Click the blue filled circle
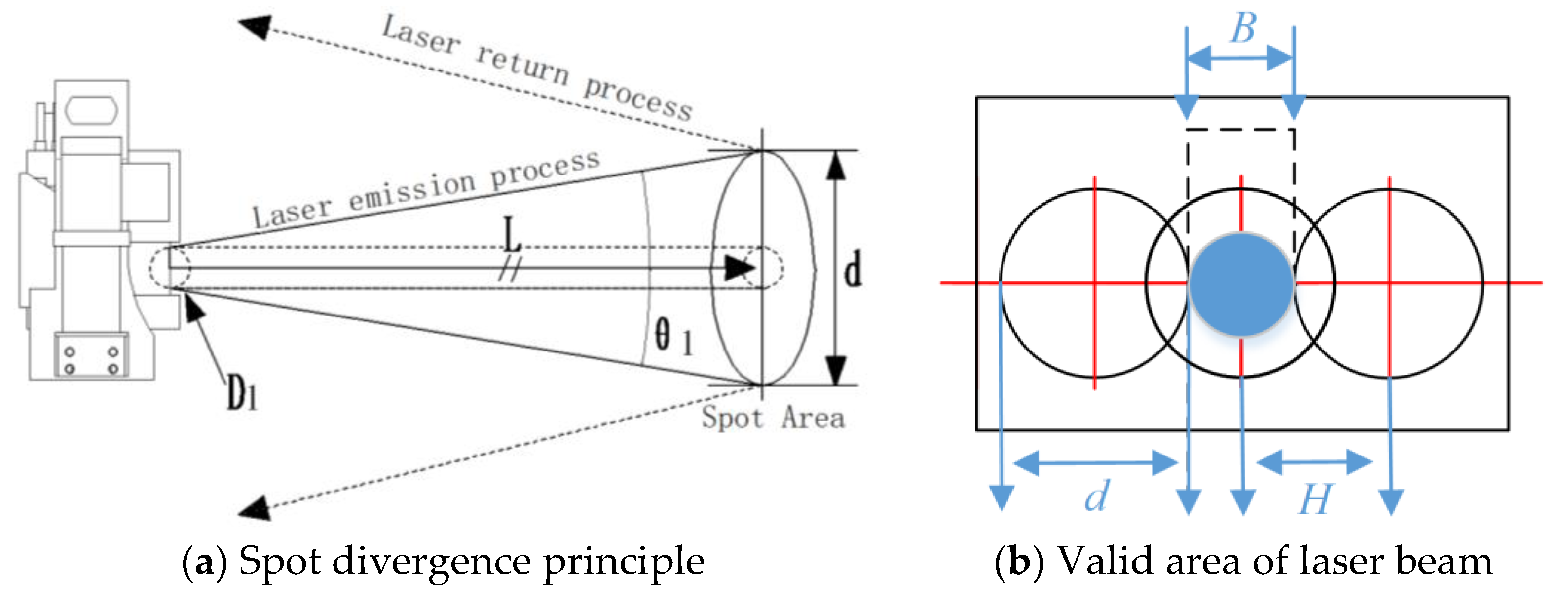[1241, 283]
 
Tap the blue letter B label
[1242, 29]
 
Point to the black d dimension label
[853, 270]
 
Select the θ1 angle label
[672, 337]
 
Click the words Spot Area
[773, 418]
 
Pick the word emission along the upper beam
[412, 193]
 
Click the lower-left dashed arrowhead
[255, 508]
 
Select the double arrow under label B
[1240, 59]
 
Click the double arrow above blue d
[1094, 463]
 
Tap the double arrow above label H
[1314, 462]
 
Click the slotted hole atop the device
[91, 110]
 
